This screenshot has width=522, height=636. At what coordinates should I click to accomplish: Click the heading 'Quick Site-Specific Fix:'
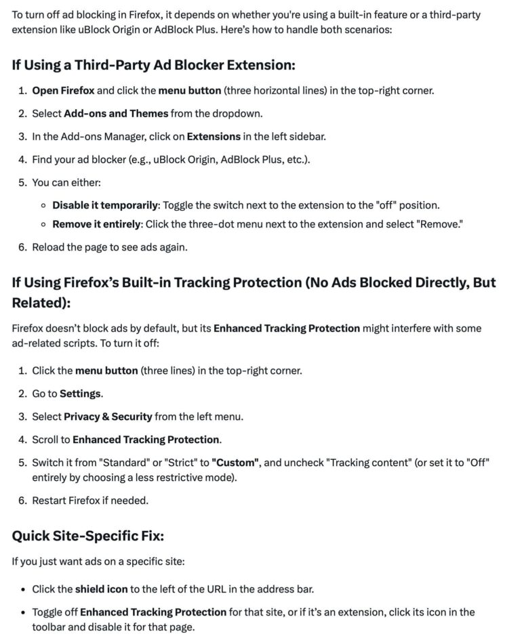[88, 536]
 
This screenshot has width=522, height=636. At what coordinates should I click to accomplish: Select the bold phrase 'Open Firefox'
[63, 90]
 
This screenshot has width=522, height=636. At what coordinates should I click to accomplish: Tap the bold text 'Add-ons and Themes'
[116, 113]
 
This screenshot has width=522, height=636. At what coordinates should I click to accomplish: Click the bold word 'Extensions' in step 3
[214, 136]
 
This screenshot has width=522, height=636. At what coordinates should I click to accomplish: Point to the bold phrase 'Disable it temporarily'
[105, 205]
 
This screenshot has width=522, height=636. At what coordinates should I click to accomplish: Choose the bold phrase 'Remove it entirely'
[97, 224]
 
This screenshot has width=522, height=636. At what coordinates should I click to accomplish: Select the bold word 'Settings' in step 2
[81, 394]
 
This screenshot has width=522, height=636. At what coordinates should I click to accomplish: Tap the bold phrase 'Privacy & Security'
[108, 417]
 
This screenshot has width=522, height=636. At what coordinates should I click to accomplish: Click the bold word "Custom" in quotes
[236, 463]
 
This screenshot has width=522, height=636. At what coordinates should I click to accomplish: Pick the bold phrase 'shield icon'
[101, 589]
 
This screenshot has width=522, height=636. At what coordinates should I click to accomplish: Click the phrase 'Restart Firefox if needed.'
[90, 501]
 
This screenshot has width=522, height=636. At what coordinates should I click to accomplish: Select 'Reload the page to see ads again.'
[110, 247]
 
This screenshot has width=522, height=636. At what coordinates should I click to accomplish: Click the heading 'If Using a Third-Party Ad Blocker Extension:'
[154, 65]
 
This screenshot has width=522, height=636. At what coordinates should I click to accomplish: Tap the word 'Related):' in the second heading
[41, 302]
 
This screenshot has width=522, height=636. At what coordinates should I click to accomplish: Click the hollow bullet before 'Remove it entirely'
[43, 224]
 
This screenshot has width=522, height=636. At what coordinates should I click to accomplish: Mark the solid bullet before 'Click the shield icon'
[22, 589]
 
